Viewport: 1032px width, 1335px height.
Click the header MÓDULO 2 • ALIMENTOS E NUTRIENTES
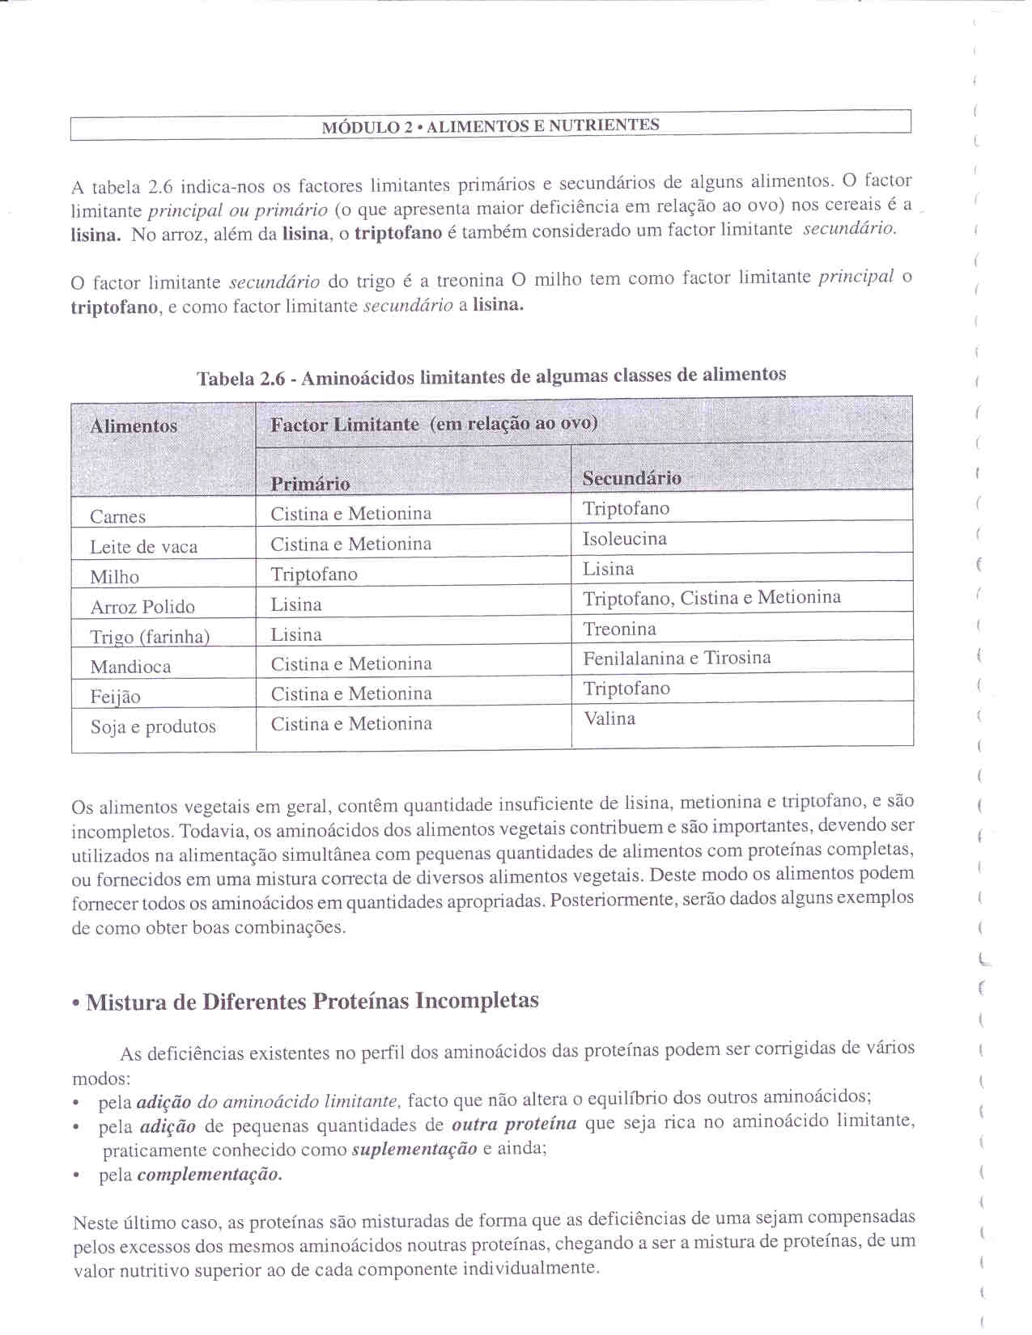click(x=491, y=126)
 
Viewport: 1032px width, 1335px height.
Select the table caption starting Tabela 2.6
click(x=491, y=376)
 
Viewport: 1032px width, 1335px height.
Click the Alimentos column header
click(x=134, y=426)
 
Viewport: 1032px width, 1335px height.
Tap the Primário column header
click(x=310, y=484)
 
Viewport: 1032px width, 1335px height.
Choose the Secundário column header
click(x=631, y=478)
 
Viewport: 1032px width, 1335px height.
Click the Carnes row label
click(x=118, y=517)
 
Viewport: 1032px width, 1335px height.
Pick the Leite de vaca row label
click(x=144, y=547)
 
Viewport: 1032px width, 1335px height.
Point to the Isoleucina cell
click(x=625, y=539)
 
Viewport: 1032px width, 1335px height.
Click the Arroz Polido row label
click(x=142, y=607)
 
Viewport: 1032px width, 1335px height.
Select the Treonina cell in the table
click(x=619, y=629)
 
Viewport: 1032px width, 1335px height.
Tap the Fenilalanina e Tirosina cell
click(x=677, y=659)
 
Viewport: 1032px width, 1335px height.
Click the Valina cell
click(x=609, y=718)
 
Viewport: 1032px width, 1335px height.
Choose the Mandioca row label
click(x=131, y=667)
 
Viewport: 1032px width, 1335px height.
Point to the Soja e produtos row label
click(x=153, y=727)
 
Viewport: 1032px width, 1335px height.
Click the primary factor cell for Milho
click(x=314, y=574)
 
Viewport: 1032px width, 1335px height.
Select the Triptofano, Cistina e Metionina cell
click(x=711, y=598)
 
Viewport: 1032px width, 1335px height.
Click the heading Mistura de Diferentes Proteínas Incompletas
click(x=312, y=1002)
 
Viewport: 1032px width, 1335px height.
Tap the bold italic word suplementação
click(x=414, y=1150)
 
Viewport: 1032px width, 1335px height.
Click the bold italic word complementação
click(x=210, y=1175)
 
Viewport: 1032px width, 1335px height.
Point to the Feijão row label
click(x=116, y=697)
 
